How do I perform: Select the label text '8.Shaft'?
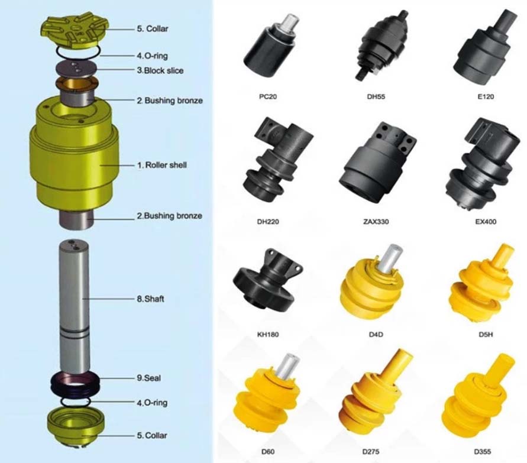pyautogui.click(x=150, y=299)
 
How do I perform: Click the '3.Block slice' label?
pyautogui.click(x=160, y=70)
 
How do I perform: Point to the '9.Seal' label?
pyautogui.click(x=148, y=378)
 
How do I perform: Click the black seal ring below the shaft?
pyautogui.click(x=76, y=384)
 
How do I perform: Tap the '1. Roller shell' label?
pyautogui.click(x=161, y=165)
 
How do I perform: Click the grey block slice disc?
pyautogui.click(x=76, y=69)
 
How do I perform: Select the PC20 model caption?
pyautogui.click(x=268, y=97)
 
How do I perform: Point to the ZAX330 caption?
pyautogui.click(x=376, y=222)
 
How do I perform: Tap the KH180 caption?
pyautogui.click(x=268, y=334)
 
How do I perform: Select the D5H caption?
pyautogui.click(x=486, y=334)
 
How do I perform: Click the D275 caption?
pyautogui.click(x=371, y=452)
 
